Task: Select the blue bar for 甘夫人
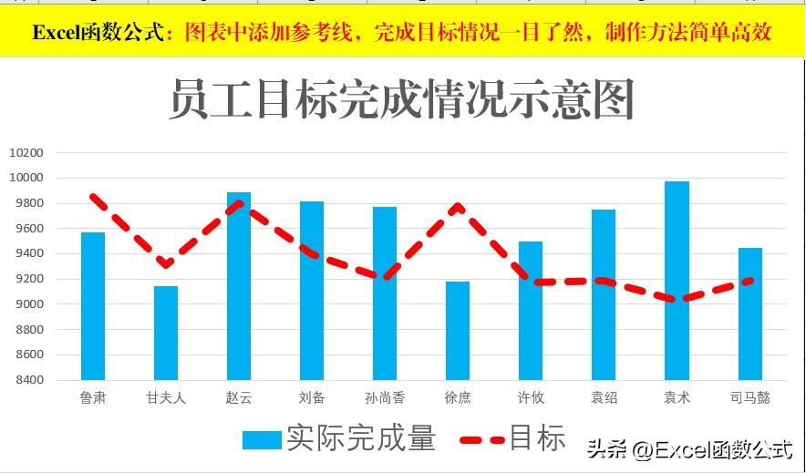click(x=166, y=333)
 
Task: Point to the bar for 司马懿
click(x=750, y=314)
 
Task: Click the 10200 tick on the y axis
click(x=26, y=152)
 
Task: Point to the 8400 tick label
click(x=27, y=380)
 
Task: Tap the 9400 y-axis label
click(x=27, y=253)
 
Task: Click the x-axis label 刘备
click(x=312, y=397)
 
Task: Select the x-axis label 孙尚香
click(x=385, y=397)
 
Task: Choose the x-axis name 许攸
click(x=531, y=397)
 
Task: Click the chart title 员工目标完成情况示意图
click(x=401, y=98)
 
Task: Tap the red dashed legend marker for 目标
click(x=481, y=439)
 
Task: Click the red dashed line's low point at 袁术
click(x=677, y=299)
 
